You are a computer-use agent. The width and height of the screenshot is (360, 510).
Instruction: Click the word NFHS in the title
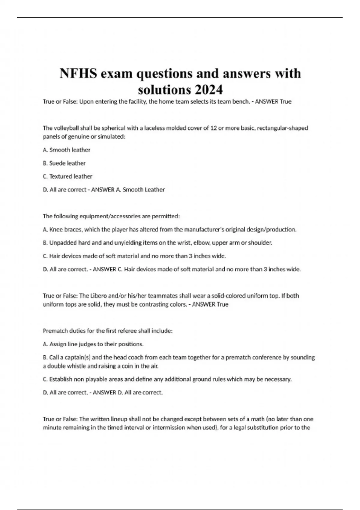point(78,73)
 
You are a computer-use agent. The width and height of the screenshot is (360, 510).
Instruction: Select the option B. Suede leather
point(64,163)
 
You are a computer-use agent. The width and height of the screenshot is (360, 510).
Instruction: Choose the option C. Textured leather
point(67,176)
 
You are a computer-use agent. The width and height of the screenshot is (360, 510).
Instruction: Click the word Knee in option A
point(56,229)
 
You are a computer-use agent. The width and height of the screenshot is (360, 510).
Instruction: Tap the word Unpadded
point(63,243)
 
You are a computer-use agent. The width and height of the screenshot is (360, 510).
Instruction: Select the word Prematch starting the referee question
point(55,331)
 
